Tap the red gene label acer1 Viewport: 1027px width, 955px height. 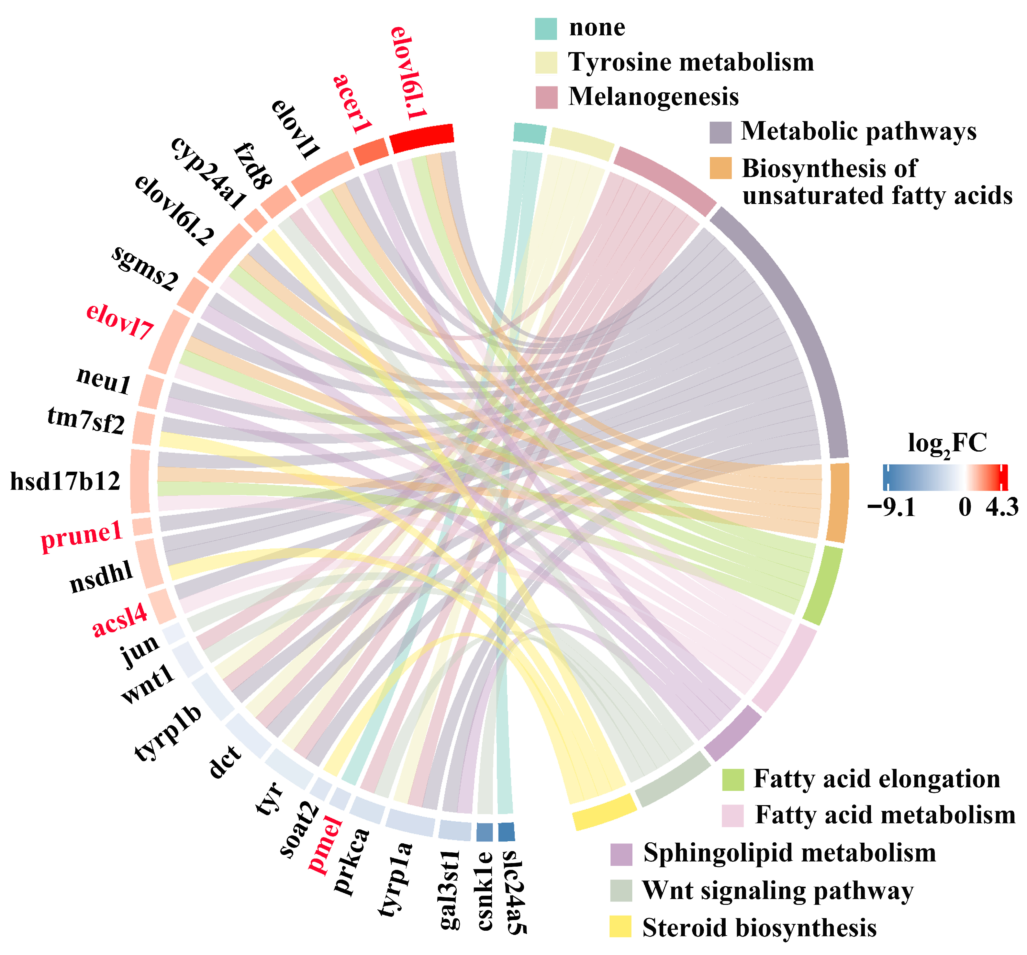tap(353, 103)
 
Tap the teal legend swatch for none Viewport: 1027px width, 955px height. tap(545, 29)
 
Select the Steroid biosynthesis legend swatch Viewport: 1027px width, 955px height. tap(620, 927)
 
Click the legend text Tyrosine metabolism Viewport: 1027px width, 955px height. tap(691, 62)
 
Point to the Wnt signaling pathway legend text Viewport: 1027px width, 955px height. tap(777, 890)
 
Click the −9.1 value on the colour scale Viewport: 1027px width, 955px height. tap(892, 508)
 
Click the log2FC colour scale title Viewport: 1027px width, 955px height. tap(947, 444)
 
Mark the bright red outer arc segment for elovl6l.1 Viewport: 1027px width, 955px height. tap(421, 139)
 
